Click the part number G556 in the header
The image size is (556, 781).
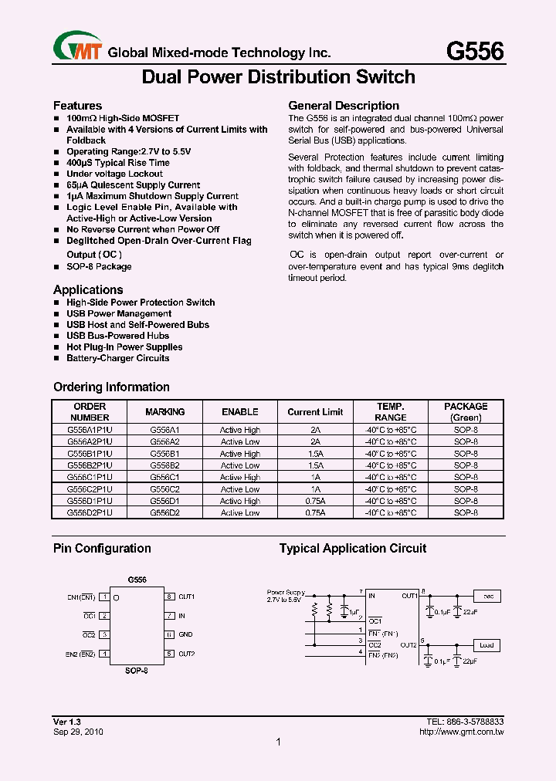[475, 51]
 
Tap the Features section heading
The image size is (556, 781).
[77, 105]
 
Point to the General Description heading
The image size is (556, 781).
[344, 106]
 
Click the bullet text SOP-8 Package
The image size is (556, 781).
[99, 266]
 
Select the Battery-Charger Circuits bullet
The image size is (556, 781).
[117, 358]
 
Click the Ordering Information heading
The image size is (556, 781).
[111, 387]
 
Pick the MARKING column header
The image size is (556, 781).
[165, 412]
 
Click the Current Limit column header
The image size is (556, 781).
[314, 412]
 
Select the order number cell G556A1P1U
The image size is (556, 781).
[90, 430]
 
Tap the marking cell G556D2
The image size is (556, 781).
[165, 512]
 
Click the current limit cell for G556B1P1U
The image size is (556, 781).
[315, 454]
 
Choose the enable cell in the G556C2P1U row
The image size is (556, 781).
[240, 489]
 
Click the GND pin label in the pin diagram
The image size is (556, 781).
[185, 634]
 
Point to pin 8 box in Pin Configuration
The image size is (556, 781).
[168, 597]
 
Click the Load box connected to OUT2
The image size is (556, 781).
[487, 645]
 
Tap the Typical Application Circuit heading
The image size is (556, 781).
[352, 549]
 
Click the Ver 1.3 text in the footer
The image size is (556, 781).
[68, 721]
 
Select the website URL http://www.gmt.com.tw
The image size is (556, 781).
[461, 731]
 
